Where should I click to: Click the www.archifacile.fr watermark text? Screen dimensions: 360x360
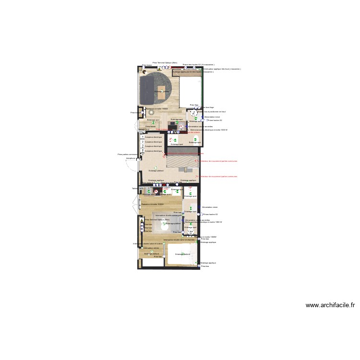pyautogui.click(x=330, y=305)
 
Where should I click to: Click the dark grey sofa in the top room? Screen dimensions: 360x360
pyautogui.click(x=145, y=89)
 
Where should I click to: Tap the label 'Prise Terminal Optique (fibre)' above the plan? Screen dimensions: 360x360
pyautogui.click(x=165, y=62)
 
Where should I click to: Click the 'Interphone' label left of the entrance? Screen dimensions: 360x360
pyautogui.click(x=130, y=158)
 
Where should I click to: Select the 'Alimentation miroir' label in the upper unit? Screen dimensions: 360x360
pyautogui.click(x=212, y=117)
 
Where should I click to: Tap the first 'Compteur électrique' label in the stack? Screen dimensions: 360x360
pyautogui.click(x=154, y=137)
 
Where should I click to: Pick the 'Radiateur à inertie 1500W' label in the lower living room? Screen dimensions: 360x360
pyautogui.click(x=153, y=204)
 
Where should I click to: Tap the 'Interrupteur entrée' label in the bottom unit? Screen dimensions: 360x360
pyautogui.click(x=150, y=248)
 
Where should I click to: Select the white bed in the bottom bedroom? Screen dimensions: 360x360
pyautogui.click(x=181, y=254)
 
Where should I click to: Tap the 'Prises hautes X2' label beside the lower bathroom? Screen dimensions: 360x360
pyautogui.click(x=210, y=215)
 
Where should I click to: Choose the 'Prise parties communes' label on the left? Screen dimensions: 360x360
pyautogui.click(x=127, y=155)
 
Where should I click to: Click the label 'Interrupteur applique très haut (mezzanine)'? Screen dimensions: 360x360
pyautogui.click(x=222, y=69)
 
